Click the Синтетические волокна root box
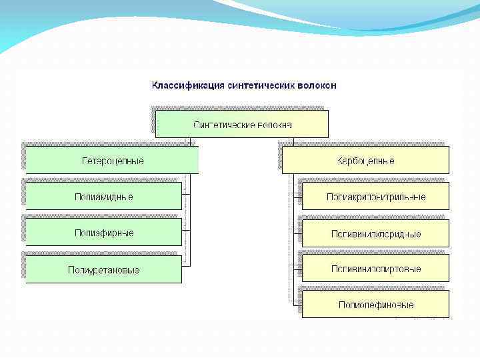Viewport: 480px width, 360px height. [x=242, y=124]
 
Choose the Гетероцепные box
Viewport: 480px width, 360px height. [x=112, y=161]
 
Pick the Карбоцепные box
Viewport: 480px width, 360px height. [x=365, y=161]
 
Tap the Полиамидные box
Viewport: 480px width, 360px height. [x=103, y=197]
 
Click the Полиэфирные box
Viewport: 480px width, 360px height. [x=103, y=233]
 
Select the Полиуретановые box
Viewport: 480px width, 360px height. [x=103, y=269]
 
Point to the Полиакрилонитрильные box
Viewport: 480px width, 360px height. [x=375, y=197]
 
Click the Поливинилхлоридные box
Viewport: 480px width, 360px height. [x=375, y=233]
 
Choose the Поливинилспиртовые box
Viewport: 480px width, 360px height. [x=375, y=269]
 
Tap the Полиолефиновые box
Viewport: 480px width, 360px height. [x=375, y=305]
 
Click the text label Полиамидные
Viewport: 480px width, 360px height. [x=103, y=197]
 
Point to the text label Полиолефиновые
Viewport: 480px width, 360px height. [x=375, y=305]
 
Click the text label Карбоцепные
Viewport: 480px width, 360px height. [x=365, y=161]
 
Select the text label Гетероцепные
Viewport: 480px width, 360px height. [x=112, y=161]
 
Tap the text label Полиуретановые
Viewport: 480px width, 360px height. [x=103, y=269]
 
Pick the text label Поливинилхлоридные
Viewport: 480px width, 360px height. [x=375, y=234]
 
